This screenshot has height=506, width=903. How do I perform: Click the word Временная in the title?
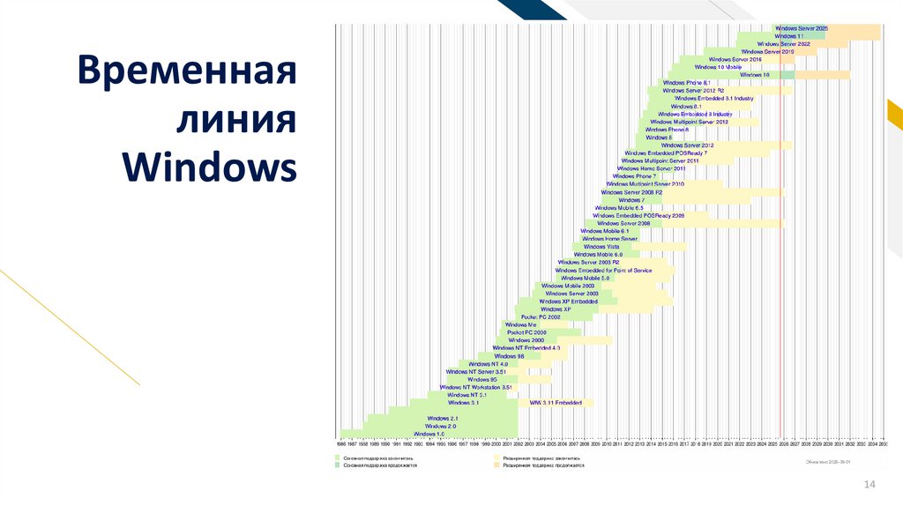(184, 71)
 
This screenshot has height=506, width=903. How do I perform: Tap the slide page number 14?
(869, 484)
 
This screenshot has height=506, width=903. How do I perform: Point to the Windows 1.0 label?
(429, 434)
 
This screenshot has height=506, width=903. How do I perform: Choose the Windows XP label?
(556, 309)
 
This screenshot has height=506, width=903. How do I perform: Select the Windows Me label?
(520, 325)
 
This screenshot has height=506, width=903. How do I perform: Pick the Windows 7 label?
(631, 200)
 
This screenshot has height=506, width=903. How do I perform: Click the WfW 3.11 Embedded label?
(556, 403)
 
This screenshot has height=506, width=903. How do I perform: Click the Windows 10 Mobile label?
(718, 67)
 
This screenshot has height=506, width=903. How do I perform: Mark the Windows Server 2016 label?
(735, 59)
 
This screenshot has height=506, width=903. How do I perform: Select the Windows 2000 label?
(526, 340)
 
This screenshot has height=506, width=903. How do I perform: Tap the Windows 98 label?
(510, 356)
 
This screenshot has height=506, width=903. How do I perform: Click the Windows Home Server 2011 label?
(651, 168)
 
